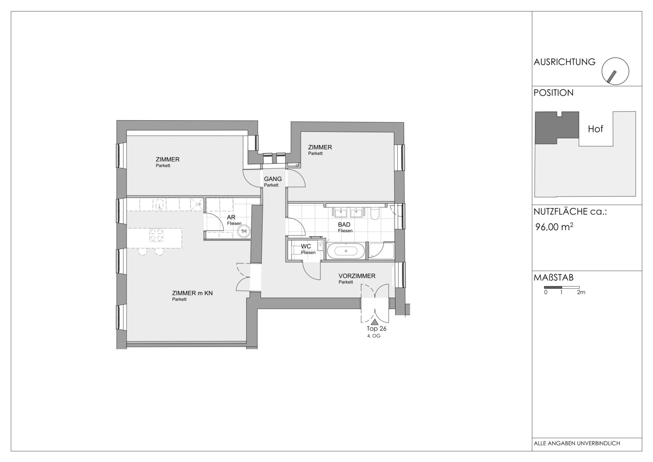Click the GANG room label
pyautogui.click(x=272, y=180)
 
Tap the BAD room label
pyautogui.click(x=344, y=225)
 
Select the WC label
pyautogui.click(x=306, y=246)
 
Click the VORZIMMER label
pyautogui.click(x=357, y=276)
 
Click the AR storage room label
pyautogui.click(x=231, y=218)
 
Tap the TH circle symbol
pyautogui.click(x=244, y=232)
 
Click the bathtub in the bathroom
pyautogui.click(x=346, y=251)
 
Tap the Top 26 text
pyautogui.click(x=376, y=329)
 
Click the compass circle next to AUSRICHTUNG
pyautogui.click(x=615, y=71)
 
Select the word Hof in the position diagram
pyautogui.click(x=595, y=129)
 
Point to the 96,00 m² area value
pyautogui.click(x=554, y=227)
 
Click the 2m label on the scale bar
pyautogui.click(x=581, y=293)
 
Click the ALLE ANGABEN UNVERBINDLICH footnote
pyautogui.click(x=577, y=444)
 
